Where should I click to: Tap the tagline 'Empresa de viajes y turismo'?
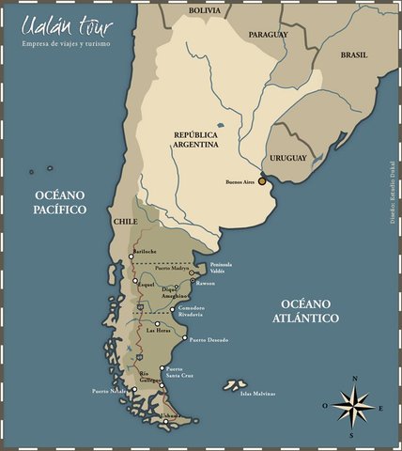point(67,44)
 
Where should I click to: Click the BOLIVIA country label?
point(208,10)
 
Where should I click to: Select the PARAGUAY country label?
point(269,34)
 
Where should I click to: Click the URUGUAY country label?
point(288,159)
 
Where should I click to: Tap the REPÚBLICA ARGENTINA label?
point(196,140)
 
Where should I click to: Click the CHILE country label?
point(125,222)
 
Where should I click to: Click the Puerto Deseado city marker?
point(184,338)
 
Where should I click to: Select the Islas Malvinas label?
point(258,393)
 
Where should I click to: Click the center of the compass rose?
point(353,407)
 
